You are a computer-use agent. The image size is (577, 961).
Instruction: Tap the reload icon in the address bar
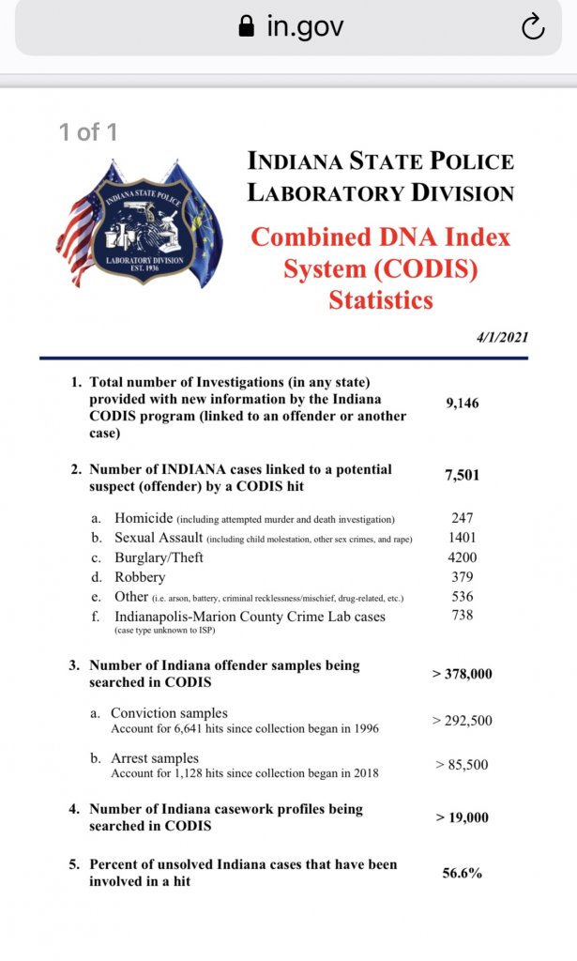click(532, 28)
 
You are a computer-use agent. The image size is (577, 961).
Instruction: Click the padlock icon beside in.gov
click(247, 27)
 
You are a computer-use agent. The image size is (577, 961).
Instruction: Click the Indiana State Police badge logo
click(140, 222)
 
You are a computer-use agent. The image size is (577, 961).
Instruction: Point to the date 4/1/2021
click(501, 337)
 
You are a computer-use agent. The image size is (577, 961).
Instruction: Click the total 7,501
click(462, 475)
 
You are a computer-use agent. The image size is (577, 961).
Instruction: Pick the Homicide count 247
click(462, 518)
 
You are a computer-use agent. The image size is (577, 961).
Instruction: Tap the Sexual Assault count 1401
click(462, 538)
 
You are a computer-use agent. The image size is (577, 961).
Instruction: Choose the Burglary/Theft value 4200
click(462, 557)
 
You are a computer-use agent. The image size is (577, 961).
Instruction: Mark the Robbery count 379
click(462, 577)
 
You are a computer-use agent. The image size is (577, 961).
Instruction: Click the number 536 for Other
click(462, 596)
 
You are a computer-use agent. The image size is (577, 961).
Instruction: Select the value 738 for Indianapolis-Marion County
click(462, 615)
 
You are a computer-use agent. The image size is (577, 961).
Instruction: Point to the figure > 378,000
click(462, 674)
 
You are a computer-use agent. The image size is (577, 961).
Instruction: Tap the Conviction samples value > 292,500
click(462, 721)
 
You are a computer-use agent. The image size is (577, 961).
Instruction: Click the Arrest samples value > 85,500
click(462, 765)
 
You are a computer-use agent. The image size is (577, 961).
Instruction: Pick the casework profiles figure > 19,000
click(462, 817)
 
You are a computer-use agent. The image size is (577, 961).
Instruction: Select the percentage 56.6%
click(462, 873)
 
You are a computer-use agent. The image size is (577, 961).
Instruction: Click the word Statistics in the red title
click(381, 300)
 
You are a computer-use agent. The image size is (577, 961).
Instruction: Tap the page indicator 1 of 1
click(88, 132)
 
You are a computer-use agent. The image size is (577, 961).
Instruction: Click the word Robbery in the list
click(140, 577)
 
